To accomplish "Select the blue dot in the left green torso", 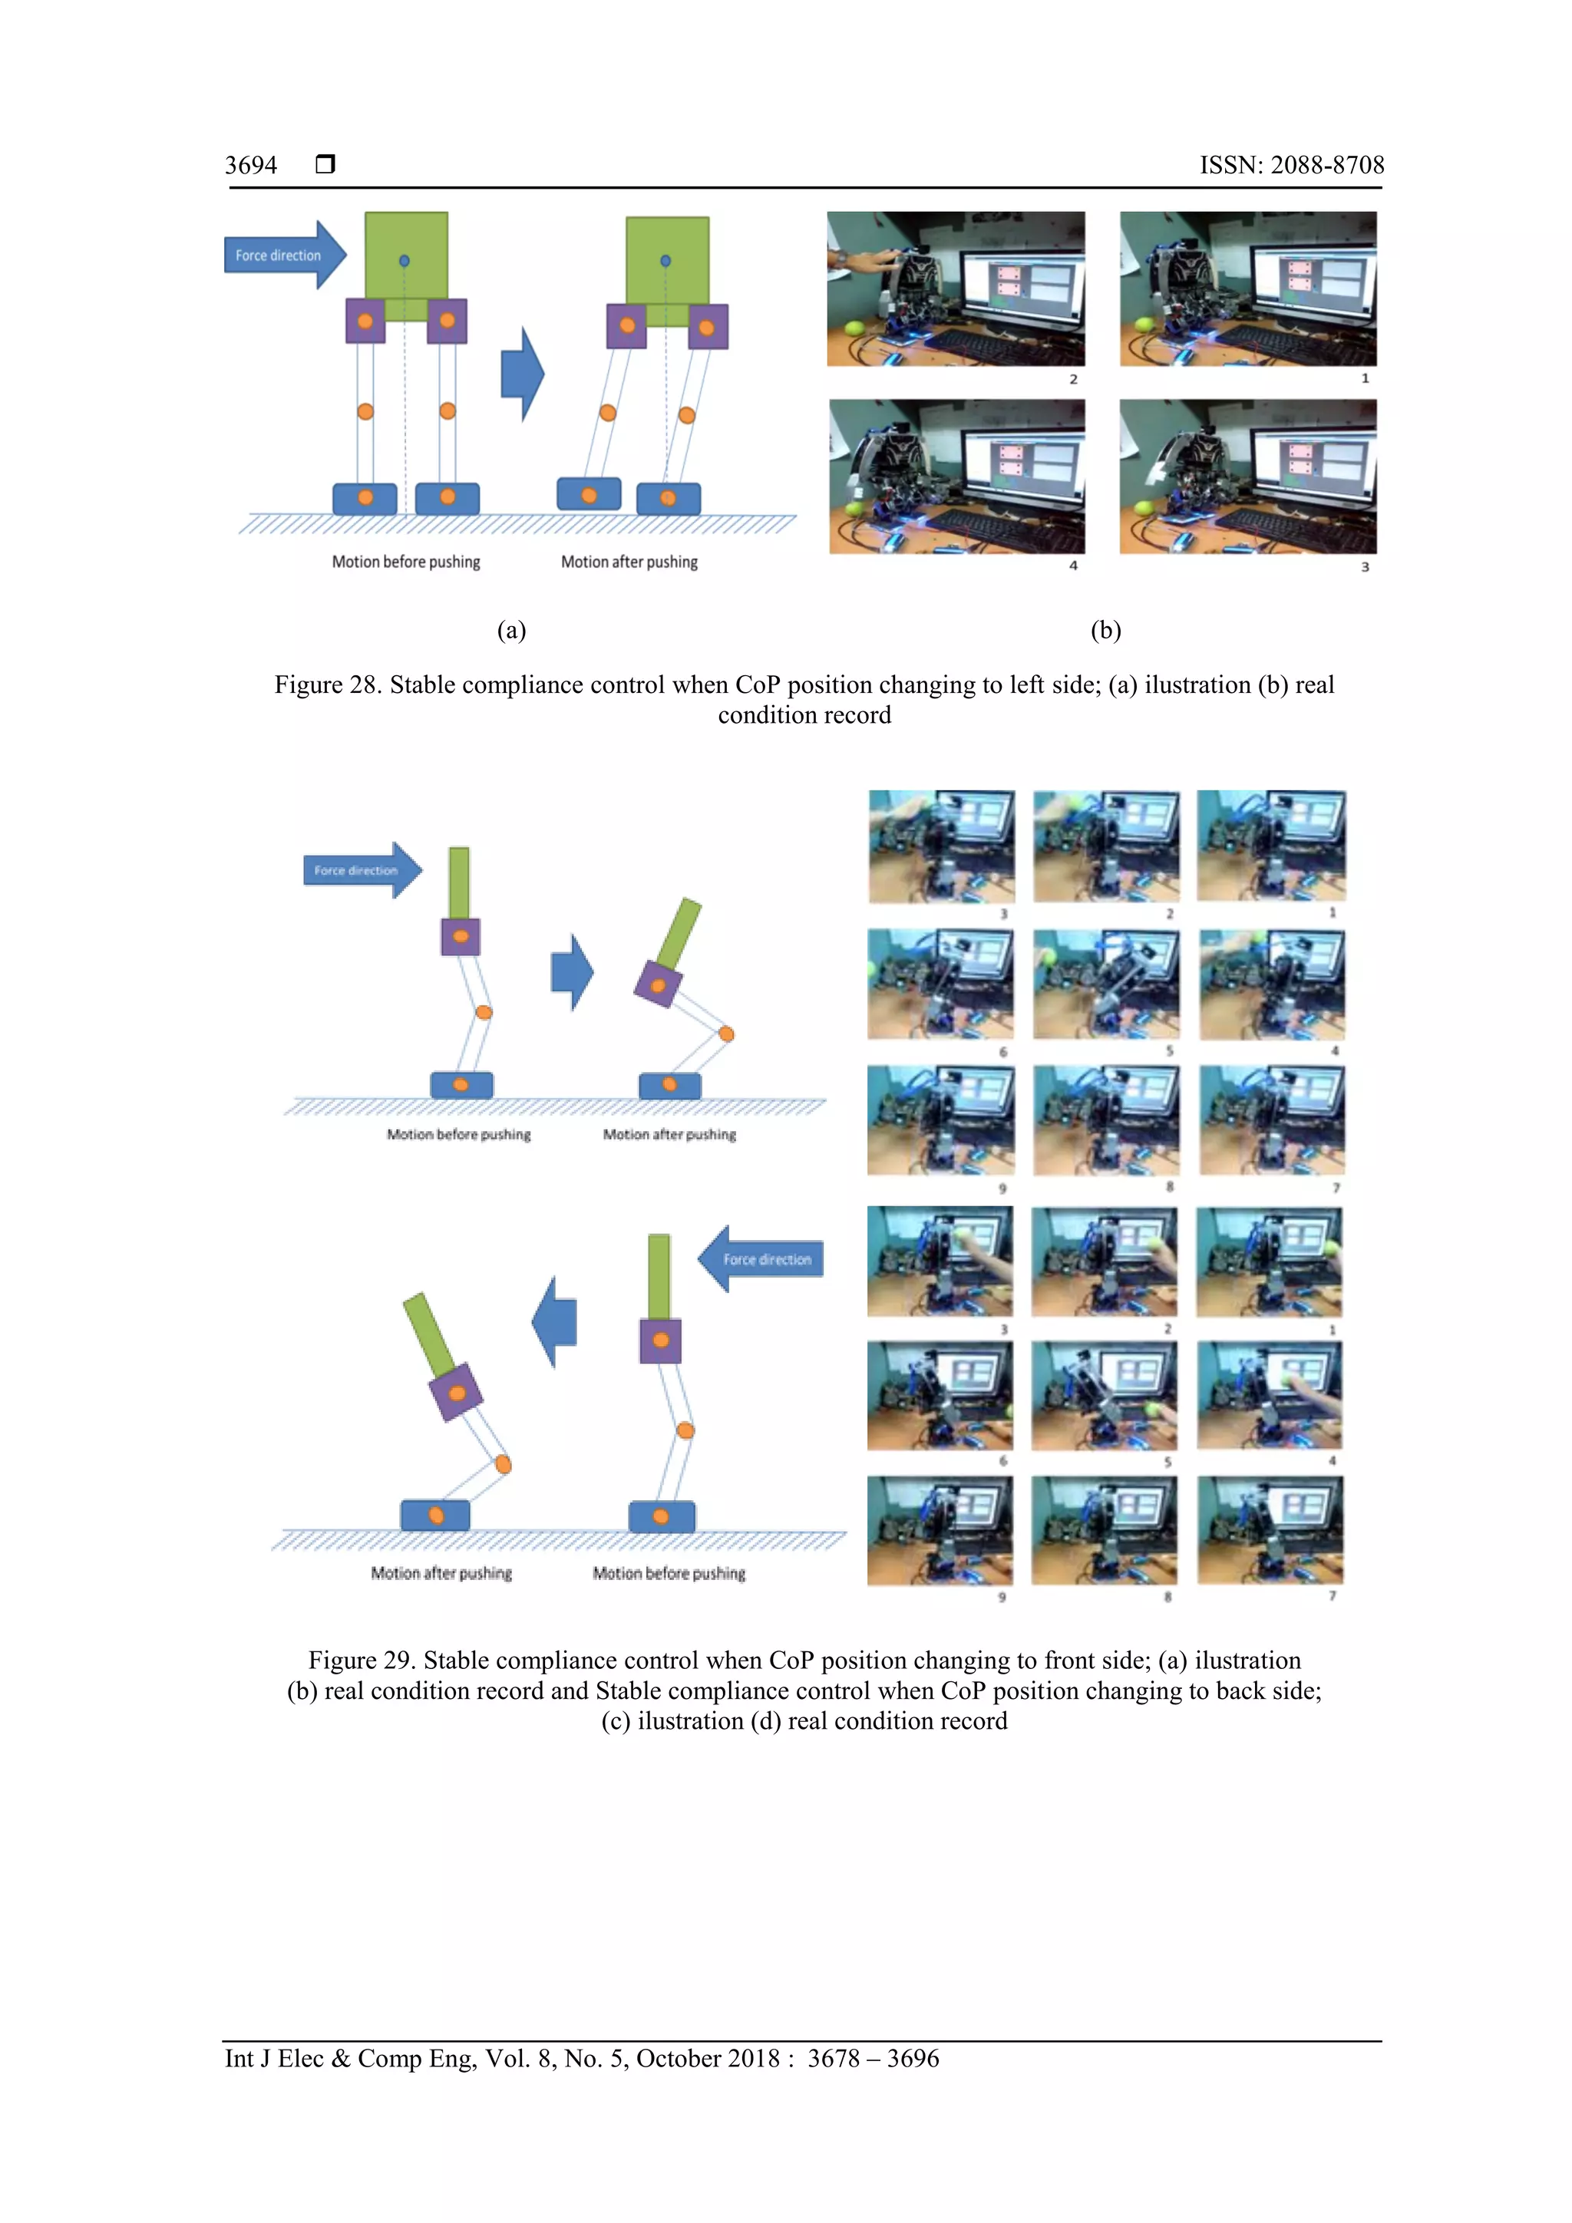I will click(x=404, y=260).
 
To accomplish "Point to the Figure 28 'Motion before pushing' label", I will click(x=406, y=562).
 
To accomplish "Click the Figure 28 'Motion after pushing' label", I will click(x=629, y=562).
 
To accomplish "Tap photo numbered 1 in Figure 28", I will click(x=1247, y=289).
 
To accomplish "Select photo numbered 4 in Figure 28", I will click(x=957, y=477).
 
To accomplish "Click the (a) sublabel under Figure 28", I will click(x=511, y=630).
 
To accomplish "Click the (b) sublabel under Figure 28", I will click(x=1105, y=630).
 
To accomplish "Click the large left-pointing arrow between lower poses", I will click(x=555, y=1321).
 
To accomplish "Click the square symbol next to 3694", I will click(x=325, y=163).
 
